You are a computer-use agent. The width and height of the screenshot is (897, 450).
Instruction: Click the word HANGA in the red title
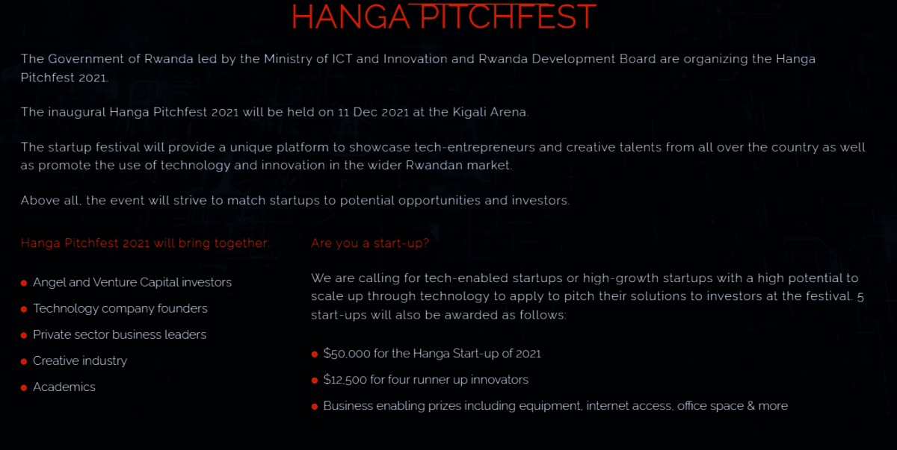tap(351, 16)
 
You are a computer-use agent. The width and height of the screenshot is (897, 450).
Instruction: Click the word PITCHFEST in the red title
tap(508, 16)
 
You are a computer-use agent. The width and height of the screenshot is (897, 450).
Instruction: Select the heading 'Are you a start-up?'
tap(370, 243)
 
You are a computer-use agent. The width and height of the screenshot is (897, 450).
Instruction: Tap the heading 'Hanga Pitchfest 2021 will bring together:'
tap(145, 243)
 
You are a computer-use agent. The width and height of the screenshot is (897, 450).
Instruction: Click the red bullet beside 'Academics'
tap(24, 387)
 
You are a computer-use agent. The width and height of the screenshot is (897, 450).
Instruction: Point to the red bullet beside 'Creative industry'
tap(24, 362)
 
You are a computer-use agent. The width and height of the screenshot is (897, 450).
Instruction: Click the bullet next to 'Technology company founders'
tap(24, 309)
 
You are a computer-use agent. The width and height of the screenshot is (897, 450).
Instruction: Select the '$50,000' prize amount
tap(347, 353)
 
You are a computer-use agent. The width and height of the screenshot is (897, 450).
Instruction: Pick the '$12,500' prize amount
tap(345, 380)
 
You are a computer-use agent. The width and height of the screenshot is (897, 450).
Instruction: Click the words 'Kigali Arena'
tap(490, 112)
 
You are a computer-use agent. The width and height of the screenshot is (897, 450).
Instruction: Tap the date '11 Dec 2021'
tap(373, 112)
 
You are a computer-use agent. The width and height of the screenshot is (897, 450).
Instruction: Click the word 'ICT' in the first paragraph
tap(342, 59)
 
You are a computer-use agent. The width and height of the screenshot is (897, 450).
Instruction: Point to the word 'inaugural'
tap(76, 112)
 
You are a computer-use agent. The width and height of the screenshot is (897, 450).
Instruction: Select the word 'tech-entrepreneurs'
tap(475, 148)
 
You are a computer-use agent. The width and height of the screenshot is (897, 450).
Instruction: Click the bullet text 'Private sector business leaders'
tap(120, 334)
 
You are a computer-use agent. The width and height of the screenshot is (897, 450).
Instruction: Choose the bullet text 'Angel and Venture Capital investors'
tap(132, 282)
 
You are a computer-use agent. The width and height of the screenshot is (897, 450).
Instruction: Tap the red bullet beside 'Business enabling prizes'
tap(315, 407)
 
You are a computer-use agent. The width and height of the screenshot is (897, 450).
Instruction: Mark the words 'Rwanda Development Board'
tap(567, 59)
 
